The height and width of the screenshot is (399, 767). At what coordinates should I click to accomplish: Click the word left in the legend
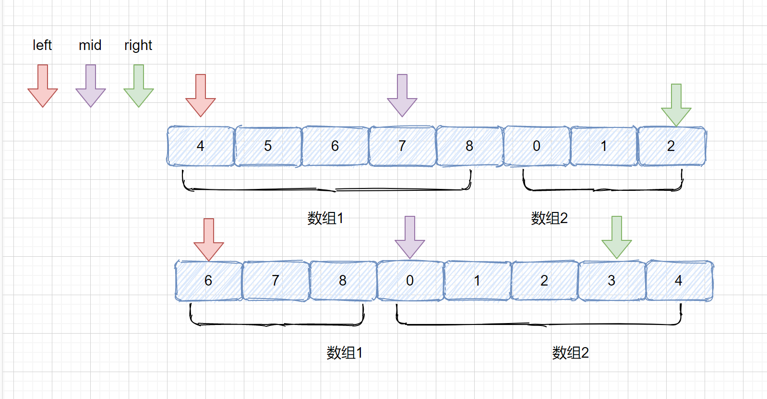[x=42, y=45]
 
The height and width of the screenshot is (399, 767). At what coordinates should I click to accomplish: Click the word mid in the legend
[x=90, y=45]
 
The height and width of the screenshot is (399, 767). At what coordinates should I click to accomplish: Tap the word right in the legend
[x=138, y=46]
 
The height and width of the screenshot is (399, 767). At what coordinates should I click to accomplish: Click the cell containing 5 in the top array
[x=268, y=146]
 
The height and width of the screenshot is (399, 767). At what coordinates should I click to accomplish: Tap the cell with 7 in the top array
[x=402, y=146]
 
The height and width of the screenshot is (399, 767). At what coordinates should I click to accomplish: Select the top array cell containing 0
[x=537, y=146]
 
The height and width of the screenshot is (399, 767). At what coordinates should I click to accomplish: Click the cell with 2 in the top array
[x=671, y=146]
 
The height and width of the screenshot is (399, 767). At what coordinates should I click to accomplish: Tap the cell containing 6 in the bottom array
[x=208, y=281]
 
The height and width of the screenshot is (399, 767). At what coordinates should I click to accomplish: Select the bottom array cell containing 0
[x=410, y=281]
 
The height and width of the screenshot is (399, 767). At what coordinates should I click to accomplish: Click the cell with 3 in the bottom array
[x=611, y=281]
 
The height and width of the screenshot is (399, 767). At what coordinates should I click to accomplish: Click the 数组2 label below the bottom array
[x=570, y=353]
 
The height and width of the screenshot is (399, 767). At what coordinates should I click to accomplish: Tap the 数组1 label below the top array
[x=325, y=218]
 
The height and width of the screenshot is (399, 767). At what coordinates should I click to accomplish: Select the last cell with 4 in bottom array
[x=679, y=281]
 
